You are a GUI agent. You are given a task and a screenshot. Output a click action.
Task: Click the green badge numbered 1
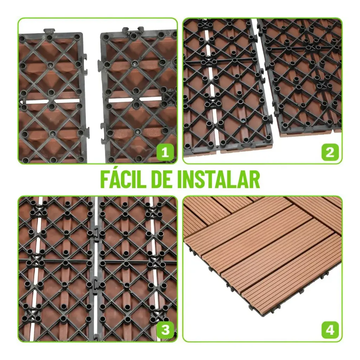(165, 152)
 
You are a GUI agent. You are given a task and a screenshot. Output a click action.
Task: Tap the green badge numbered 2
(330, 152)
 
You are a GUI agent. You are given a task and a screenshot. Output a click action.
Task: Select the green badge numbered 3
(165, 330)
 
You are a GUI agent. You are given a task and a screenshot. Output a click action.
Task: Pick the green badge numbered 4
(330, 330)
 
